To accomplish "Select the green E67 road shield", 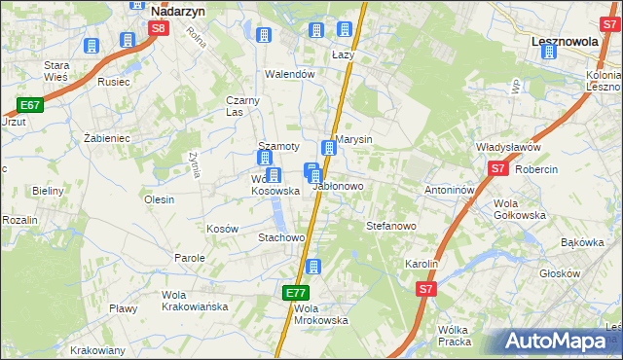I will [29, 105].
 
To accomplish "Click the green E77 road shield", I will [297, 292].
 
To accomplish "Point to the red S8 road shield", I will [159, 29].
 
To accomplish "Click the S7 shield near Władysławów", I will [498, 168].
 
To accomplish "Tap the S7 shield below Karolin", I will [426, 289].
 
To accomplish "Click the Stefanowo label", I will [391, 226].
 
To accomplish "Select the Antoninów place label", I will [449, 190].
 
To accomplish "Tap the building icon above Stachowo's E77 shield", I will [312, 267].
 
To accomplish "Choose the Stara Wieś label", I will [61, 71].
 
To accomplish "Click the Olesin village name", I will [159, 199].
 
